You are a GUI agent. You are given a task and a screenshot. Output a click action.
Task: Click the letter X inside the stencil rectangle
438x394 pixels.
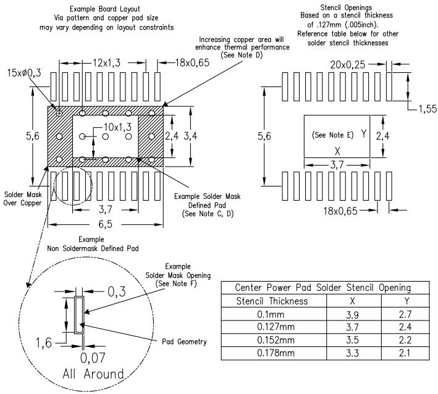click(337, 151)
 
